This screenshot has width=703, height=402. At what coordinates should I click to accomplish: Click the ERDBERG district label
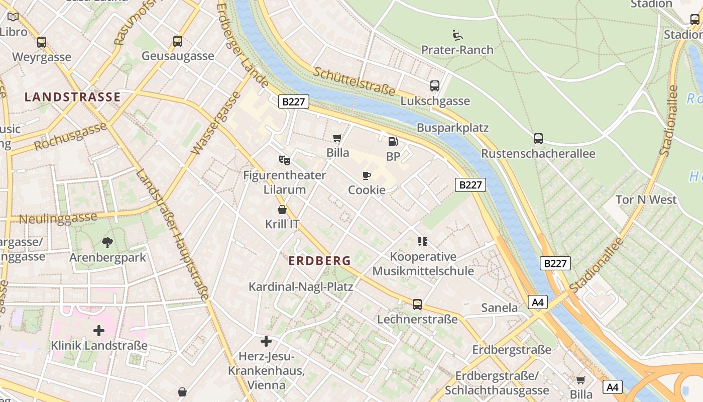click(320, 261)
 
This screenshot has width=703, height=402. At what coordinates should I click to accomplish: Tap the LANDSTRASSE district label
click(73, 97)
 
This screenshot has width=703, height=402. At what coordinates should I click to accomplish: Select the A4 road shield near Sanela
click(537, 302)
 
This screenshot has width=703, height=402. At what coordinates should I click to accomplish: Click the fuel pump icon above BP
click(393, 142)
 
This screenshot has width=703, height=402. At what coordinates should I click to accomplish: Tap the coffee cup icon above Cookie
click(367, 176)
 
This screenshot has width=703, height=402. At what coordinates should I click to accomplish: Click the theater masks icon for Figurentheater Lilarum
click(284, 160)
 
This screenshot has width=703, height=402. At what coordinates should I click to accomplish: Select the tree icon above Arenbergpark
click(107, 243)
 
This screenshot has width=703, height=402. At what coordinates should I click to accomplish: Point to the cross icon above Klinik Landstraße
click(99, 331)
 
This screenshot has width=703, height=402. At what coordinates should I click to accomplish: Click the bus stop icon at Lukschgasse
click(435, 86)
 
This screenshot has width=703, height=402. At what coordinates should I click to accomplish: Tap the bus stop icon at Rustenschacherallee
click(538, 139)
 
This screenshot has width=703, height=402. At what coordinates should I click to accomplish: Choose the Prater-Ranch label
click(457, 50)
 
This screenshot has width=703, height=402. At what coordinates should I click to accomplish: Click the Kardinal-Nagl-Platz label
click(301, 287)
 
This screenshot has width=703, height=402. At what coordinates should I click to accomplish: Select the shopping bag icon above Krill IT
click(282, 210)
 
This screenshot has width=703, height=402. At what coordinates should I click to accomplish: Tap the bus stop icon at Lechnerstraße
click(417, 305)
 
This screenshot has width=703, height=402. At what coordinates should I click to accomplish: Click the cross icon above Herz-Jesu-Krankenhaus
click(266, 342)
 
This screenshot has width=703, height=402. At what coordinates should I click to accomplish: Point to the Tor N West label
click(646, 199)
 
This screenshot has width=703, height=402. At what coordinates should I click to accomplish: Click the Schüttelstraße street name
click(355, 80)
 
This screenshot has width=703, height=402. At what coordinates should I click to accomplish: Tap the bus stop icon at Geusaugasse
click(177, 41)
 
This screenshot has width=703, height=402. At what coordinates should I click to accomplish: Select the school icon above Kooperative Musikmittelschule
click(423, 242)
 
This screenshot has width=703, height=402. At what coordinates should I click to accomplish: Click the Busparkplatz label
click(452, 128)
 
